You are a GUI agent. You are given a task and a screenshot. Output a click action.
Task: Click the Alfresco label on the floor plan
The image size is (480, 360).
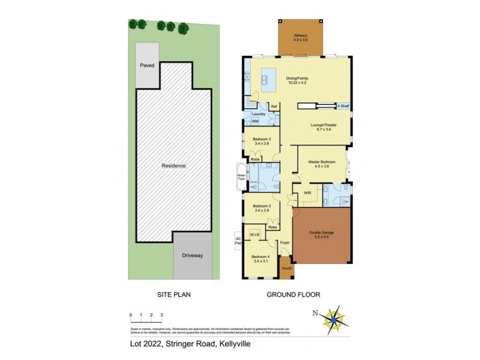coord(301,37)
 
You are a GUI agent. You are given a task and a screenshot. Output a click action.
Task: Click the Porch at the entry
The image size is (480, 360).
coord(287,268)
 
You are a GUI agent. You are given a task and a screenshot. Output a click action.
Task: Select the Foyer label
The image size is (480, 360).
coord(284,243)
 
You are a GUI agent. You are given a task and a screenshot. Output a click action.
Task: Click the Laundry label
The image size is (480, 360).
coord(259,113)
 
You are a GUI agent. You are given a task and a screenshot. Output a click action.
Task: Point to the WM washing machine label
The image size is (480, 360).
coord(254,121)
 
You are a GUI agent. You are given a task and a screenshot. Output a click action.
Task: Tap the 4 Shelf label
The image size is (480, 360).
coord(343,106)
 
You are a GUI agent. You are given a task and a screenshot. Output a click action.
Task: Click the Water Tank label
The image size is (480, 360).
coord(242,178)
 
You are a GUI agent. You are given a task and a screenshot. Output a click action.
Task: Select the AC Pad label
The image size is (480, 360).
coord(238,241)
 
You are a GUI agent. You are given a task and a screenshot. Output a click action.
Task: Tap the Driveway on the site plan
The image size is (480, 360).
coord(193,256)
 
